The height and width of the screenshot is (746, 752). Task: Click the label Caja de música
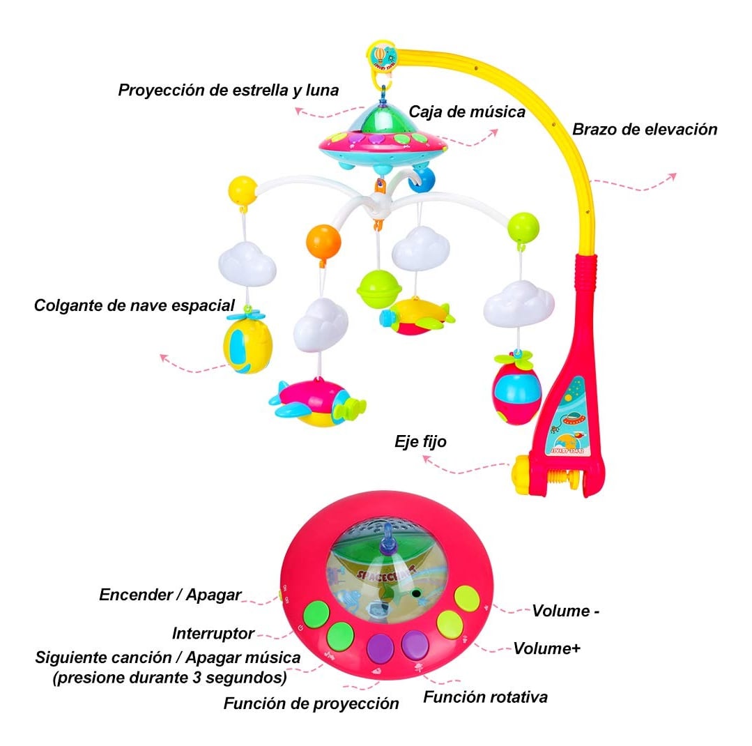pyautogui.click(x=467, y=112)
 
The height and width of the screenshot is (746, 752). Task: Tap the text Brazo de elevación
pyautogui.click(x=645, y=130)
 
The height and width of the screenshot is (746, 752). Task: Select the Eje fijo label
pyautogui.click(x=420, y=441)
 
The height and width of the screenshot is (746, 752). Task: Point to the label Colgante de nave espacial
pyautogui.click(x=135, y=305)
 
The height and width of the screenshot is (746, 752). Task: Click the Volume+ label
pyautogui.click(x=546, y=648)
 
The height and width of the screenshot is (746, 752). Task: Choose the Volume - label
pyautogui.click(x=565, y=611)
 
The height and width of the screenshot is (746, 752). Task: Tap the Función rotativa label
pyautogui.click(x=485, y=697)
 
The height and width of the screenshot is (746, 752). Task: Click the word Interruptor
pyautogui.click(x=213, y=634)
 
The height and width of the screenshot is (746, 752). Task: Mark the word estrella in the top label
pyautogui.click(x=261, y=90)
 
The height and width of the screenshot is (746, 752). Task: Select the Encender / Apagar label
pyautogui.click(x=170, y=595)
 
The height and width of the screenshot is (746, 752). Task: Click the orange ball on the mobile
pyautogui.click(x=323, y=241)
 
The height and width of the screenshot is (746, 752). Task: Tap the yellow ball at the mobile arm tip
pyautogui.click(x=243, y=190)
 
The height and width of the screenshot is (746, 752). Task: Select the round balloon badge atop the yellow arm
pyautogui.click(x=383, y=56)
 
